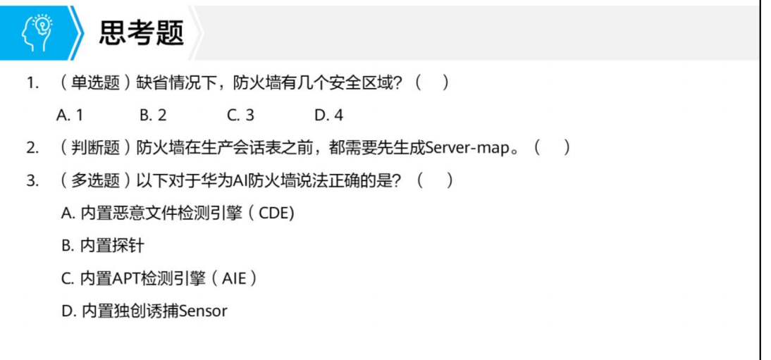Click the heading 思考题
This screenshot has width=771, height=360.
pos(141,32)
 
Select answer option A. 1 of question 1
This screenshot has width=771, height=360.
pos(69,115)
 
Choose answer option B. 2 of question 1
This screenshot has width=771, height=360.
pos(153,115)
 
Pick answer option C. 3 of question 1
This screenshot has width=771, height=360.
pos(240,115)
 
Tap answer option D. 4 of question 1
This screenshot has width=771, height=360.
pos(328,115)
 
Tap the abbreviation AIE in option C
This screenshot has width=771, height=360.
pos(235,278)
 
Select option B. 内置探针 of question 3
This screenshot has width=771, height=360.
pos(102,246)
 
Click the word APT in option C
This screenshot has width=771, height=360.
pos(126,278)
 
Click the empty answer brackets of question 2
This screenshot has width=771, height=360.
pos(552,148)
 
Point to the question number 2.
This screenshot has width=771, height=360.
pos(32,148)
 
